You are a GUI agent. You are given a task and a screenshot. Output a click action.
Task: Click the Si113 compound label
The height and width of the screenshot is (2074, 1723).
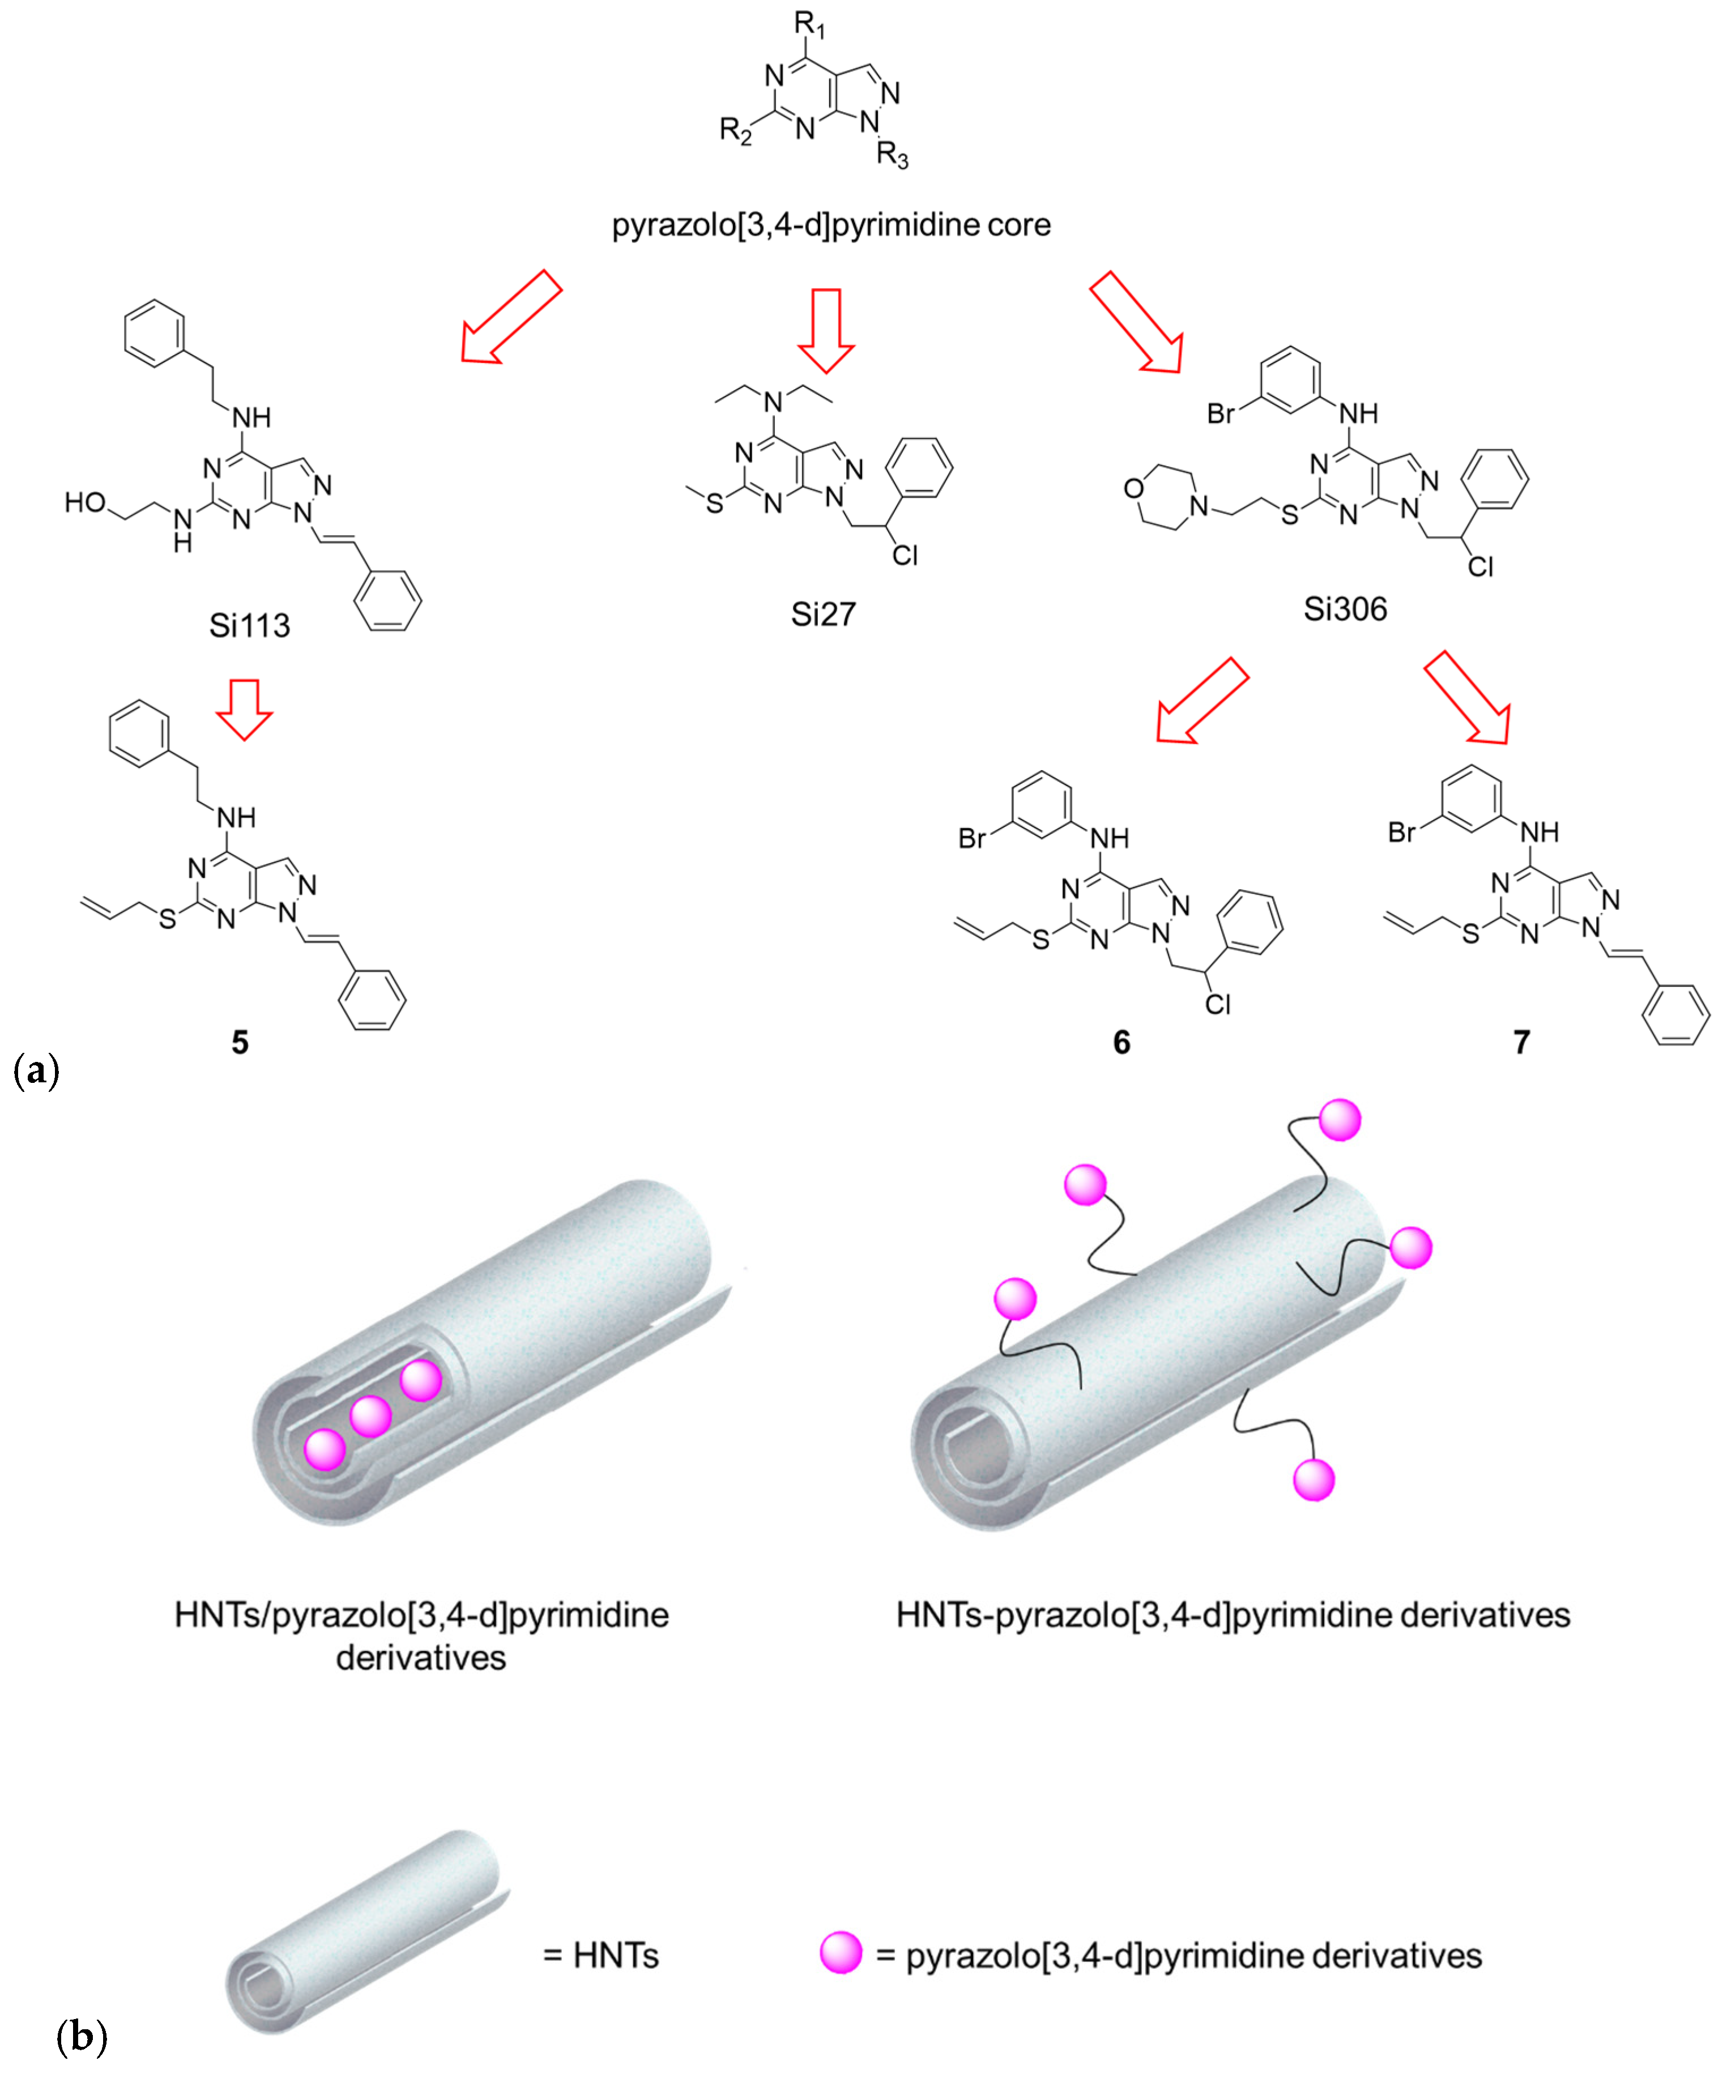(249, 625)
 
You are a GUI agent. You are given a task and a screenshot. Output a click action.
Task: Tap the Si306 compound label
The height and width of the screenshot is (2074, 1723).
(1345, 609)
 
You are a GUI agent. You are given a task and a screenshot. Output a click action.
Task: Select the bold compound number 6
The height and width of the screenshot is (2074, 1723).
(1121, 1042)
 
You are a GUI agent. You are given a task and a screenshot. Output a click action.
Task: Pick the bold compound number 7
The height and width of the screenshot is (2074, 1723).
(1521, 1042)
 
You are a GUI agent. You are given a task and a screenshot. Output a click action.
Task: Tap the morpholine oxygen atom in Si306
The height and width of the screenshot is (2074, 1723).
(1133, 488)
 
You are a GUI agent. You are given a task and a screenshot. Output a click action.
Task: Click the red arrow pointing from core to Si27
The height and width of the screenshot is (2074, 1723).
(826, 330)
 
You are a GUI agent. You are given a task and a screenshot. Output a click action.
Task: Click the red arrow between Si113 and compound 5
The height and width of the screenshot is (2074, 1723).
(244, 708)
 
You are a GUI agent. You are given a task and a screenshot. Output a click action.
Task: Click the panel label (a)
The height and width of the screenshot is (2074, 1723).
(37, 1070)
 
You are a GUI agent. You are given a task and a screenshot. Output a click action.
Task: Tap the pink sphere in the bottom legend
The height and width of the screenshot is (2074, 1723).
(841, 1953)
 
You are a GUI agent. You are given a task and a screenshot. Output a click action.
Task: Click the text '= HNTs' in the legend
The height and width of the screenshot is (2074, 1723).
(601, 1954)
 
